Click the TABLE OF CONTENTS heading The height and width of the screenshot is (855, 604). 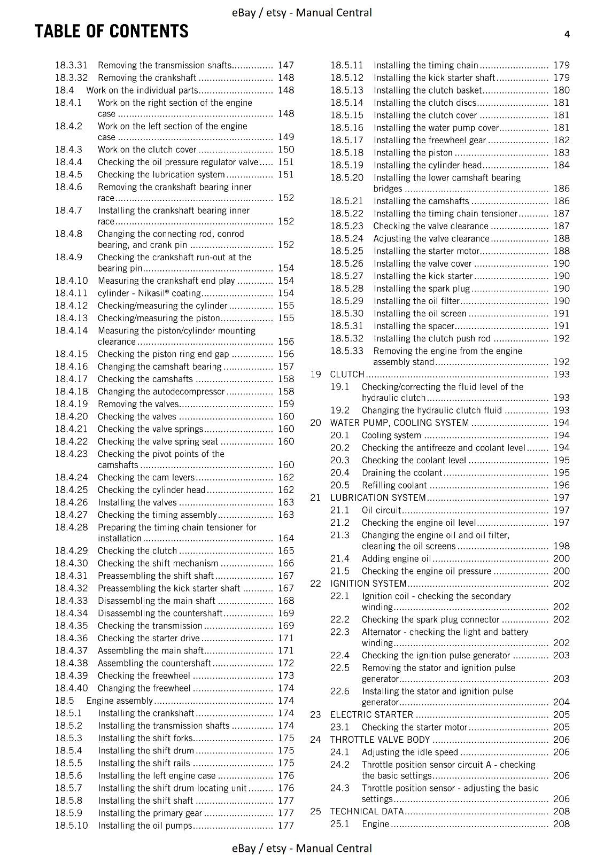(112, 32)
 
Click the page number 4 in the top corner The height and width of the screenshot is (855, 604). (567, 34)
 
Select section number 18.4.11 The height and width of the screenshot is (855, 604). (71, 293)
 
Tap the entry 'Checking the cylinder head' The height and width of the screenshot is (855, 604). (151, 490)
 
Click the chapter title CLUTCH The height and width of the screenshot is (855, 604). (347, 374)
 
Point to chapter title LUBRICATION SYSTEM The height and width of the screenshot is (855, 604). (378, 498)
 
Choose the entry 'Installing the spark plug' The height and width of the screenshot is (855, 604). (421, 289)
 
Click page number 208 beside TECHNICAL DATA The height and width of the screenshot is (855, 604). (561, 811)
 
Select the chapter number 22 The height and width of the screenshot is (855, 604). (315, 584)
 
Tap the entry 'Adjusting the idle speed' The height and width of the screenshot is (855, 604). (410, 752)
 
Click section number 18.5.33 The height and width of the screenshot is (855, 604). (346, 351)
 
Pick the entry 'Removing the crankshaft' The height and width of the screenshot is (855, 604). (147, 77)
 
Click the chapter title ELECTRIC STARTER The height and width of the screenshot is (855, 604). (371, 714)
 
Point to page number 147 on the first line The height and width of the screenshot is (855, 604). (286, 65)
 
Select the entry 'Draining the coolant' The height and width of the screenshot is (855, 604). (401, 473)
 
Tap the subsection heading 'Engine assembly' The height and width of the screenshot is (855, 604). (120, 701)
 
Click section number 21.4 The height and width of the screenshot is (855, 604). (339, 558)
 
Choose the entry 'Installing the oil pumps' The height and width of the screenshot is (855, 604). (144, 826)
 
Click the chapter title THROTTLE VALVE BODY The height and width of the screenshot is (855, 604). (380, 740)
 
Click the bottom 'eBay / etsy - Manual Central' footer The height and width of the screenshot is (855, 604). (302, 848)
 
